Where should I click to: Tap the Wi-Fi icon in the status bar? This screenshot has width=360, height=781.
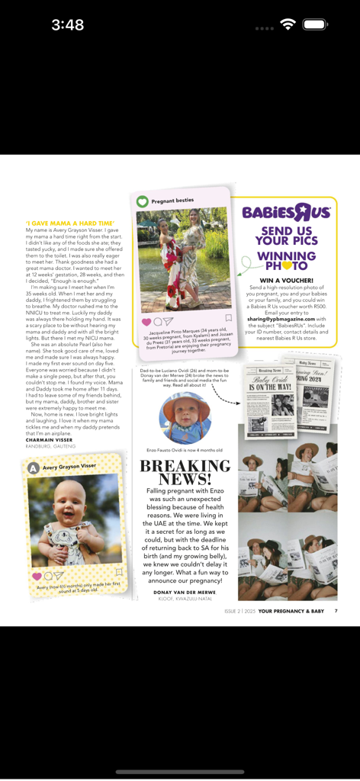click(288, 24)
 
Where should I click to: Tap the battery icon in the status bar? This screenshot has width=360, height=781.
click(314, 24)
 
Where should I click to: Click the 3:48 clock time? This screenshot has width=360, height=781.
click(68, 25)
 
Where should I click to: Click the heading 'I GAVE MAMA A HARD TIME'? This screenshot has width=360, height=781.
click(70, 223)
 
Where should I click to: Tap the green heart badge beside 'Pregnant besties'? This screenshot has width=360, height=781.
click(143, 201)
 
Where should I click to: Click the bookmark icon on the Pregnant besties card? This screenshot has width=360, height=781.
click(228, 318)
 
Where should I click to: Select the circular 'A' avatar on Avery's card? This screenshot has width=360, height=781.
click(34, 468)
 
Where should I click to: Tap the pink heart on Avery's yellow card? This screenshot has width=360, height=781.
click(37, 577)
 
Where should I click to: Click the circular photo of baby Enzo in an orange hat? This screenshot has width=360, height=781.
click(185, 418)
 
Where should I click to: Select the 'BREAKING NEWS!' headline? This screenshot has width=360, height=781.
click(185, 472)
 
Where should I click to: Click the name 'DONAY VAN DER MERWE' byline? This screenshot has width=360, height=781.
click(185, 592)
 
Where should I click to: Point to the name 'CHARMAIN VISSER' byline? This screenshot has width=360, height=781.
click(50, 440)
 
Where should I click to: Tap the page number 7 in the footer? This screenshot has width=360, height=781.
click(336, 611)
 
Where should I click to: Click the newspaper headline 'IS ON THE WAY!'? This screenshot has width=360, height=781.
click(271, 387)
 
